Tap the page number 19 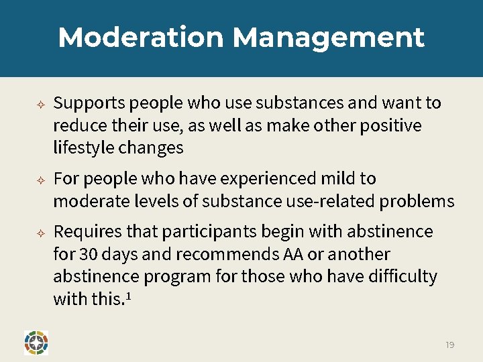449,345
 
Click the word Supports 89,103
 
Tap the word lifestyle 83,147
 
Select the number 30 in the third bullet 89,255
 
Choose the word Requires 88,232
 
